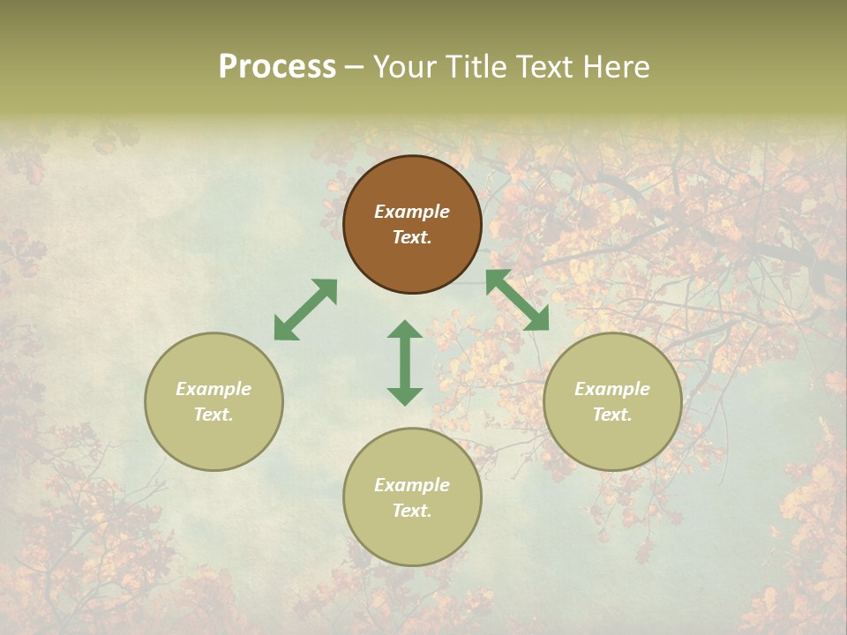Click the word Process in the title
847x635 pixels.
click(x=277, y=67)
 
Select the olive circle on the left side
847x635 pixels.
click(x=214, y=401)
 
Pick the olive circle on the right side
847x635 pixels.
click(x=612, y=401)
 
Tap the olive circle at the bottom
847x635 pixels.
click(x=412, y=497)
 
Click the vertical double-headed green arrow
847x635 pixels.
click(x=405, y=362)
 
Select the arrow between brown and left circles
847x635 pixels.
click(x=305, y=310)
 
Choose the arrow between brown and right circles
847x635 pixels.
click(x=517, y=301)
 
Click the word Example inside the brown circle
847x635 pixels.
click(x=412, y=212)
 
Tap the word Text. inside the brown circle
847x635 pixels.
click(x=412, y=237)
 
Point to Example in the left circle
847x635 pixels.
click(x=214, y=389)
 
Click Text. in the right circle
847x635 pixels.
click(x=612, y=415)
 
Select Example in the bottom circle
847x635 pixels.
click(x=412, y=485)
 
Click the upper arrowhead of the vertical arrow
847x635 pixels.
click(x=405, y=330)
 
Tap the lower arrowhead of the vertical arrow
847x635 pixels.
click(x=405, y=395)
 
